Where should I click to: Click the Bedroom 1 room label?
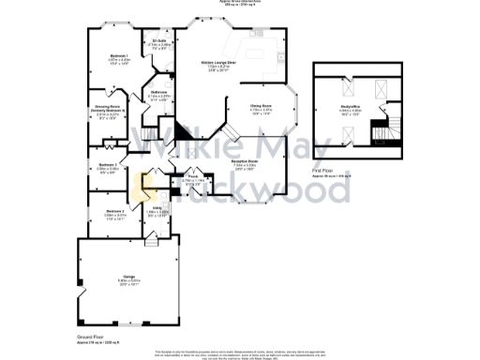[118, 57]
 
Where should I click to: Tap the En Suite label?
[159, 41]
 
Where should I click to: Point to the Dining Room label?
[261, 107]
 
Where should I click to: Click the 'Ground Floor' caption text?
[91, 335]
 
